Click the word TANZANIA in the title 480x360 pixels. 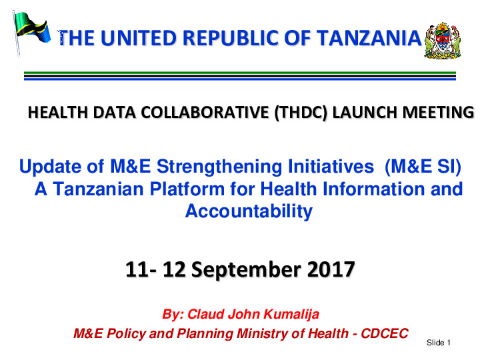[369, 40]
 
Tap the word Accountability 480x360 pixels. [249, 212]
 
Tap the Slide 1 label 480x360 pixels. [439, 343]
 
